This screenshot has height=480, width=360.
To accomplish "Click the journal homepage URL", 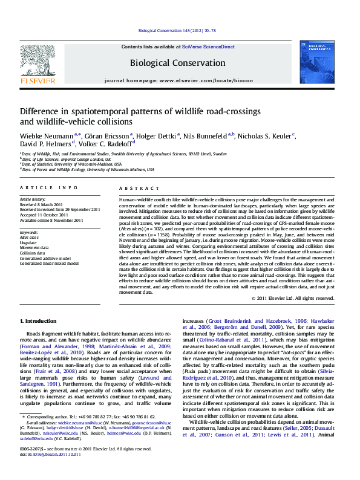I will (x=207, y=80).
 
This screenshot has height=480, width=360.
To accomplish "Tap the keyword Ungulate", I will (x=30, y=242).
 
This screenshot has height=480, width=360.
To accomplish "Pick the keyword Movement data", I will (x=34, y=247).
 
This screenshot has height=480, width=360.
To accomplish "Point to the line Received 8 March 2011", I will (x=41, y=204).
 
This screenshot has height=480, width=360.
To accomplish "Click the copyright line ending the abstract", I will (x=292, y=298).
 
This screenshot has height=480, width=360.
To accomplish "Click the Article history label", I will (x=33, y=198).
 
